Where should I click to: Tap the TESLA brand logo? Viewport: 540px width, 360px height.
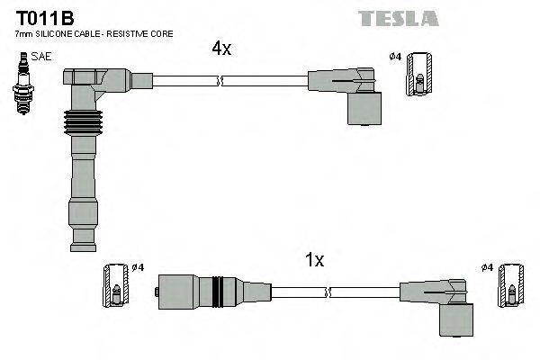[x=398, y=18]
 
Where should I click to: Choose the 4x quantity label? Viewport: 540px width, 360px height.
[x=221, y=49]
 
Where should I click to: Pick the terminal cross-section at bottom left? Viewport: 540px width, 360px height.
[x=116, y=283]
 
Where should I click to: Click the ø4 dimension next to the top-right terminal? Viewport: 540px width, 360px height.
[x=394, y=57]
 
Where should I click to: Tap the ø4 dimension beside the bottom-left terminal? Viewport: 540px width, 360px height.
[x=138, y=267]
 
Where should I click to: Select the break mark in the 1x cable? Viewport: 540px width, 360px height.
[x=329, y=291]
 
